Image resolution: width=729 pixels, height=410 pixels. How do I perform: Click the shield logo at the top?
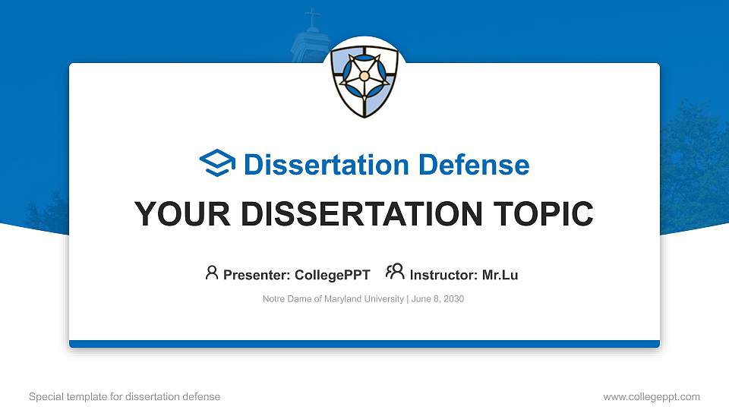coord(365,80)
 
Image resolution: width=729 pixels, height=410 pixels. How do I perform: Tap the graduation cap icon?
coord(218,164)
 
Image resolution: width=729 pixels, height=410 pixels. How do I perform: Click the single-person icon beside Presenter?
coord(212,273)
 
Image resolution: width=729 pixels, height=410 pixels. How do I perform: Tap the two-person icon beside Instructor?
coord(395,273)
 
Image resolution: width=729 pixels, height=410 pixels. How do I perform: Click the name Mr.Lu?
coord(500,275)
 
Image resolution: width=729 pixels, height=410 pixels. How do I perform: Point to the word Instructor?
coord(443,275)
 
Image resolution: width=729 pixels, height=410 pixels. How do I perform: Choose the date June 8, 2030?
coord(438,299)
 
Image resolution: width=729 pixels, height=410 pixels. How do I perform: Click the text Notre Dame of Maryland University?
coord(333,299)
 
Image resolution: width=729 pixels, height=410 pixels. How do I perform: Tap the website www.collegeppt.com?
coord(651,396)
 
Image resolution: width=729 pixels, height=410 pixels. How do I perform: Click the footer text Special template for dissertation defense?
coord(125,396)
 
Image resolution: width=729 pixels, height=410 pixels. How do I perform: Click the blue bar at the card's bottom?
coord(364,344)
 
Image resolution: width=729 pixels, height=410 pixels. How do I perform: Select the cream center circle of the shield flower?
coord(364,76)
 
